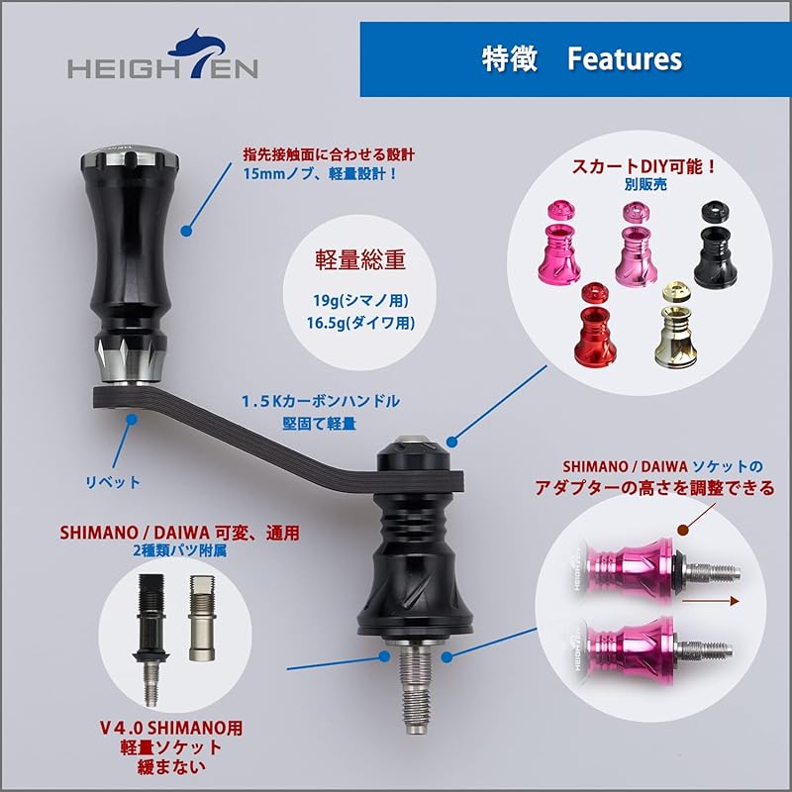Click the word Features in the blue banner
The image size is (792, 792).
625,58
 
